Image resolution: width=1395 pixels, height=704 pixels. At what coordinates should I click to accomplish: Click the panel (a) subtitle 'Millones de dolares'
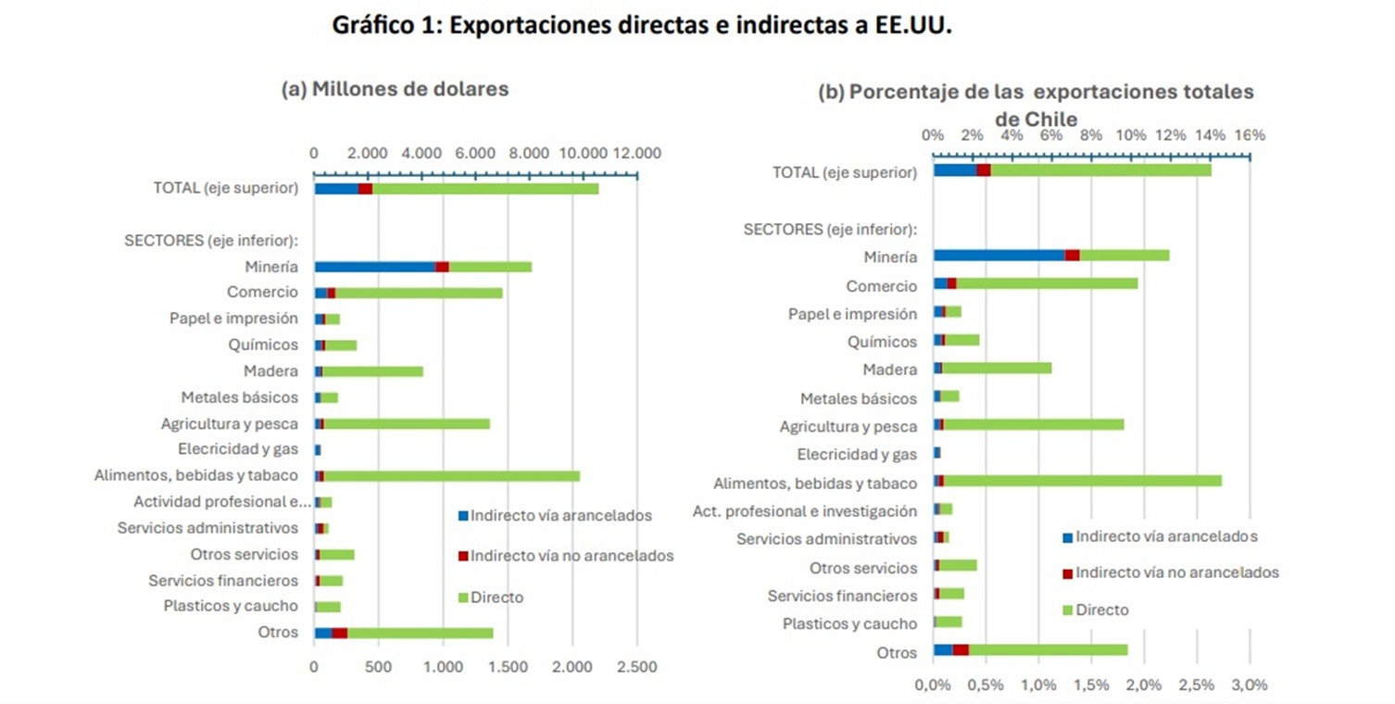pos(410,89)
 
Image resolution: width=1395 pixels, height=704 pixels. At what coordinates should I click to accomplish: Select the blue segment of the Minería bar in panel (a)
pos(375,267)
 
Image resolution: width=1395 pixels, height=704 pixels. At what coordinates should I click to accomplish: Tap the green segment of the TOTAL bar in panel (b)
pos(1101,170)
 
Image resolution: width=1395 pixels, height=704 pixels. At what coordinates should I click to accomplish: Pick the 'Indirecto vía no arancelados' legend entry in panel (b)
pos(1171,572)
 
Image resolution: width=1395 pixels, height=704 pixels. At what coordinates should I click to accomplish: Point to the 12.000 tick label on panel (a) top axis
pos(637,153)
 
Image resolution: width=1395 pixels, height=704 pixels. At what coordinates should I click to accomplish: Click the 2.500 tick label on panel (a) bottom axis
pos(637,667)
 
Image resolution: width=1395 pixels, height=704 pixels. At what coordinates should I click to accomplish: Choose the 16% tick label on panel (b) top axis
pos(1250,135)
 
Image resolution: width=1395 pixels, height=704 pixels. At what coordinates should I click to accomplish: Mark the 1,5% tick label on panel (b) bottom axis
pos(1092,685)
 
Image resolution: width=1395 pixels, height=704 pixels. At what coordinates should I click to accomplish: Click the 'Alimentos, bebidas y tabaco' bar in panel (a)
pos(447,476)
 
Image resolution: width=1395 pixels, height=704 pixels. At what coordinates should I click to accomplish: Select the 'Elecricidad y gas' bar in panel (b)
pos(937,453)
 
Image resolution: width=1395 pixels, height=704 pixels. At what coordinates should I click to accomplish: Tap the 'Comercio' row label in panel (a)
pos(262,292)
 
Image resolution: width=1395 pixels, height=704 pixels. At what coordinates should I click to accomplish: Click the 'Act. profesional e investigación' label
pos(805,511)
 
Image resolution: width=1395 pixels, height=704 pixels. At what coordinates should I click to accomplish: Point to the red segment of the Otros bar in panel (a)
pos(339,633)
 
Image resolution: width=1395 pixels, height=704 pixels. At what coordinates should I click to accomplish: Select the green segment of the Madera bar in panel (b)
pos(997,368)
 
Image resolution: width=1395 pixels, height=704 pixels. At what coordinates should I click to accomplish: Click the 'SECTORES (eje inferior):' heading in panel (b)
pos(830,230)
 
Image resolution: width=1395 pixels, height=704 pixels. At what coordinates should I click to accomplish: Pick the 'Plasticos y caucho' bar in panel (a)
pos(328,607)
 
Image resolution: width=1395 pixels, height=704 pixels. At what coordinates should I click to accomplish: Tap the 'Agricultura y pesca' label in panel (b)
pos(848,427)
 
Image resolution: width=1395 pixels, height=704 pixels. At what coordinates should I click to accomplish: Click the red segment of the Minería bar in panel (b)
pos(1073,256)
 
